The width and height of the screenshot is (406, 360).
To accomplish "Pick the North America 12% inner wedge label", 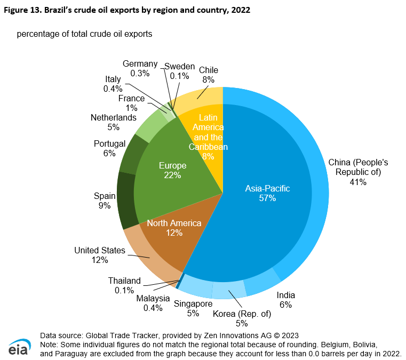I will (x=174, y=228).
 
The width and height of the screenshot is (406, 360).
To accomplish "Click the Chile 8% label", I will (x=208, y=75).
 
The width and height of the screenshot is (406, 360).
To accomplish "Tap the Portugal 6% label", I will (x=109, y=148).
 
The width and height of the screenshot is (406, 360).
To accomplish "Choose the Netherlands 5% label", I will (x=114, y=122).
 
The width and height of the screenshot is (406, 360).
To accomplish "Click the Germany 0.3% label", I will (x=140, y=68).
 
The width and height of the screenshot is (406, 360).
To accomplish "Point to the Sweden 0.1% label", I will (x=179, y=71).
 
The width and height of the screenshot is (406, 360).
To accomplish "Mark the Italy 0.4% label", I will (x=113, y=84).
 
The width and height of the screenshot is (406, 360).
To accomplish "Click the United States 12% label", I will (x=100, y=255).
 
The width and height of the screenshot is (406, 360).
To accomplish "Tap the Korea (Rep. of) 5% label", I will (x=242, y=318).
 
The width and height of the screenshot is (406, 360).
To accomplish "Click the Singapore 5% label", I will (x=193, y=309).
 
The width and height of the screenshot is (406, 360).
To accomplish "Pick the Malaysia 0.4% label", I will (x=153, y=303).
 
